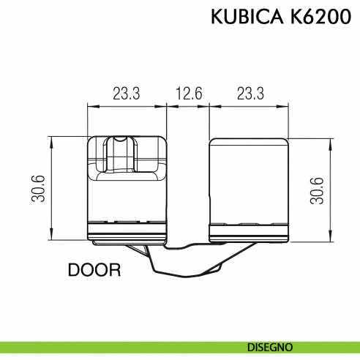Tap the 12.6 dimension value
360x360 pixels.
point(188,94)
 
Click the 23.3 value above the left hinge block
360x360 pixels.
point(127,94)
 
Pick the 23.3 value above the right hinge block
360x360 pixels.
point(250,94)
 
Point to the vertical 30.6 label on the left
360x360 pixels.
point(40,188)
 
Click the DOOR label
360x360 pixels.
point(94,270)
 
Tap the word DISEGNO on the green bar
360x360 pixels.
point(271,345)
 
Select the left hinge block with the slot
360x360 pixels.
point(127,190)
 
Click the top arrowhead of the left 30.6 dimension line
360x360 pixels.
point(52,140)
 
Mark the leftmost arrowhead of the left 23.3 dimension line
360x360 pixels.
point(90,107)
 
